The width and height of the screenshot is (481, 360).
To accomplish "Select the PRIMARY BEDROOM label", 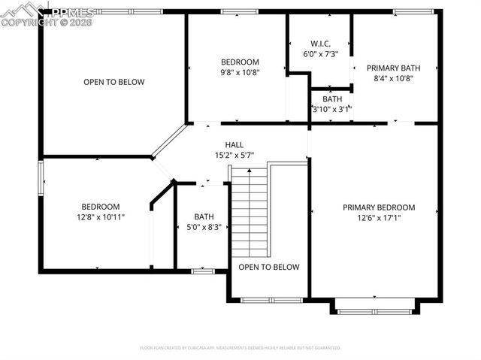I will [x=379, y=207].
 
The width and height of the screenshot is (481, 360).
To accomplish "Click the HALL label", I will [x=234, y=144].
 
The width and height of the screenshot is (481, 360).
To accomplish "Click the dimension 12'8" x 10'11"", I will [x=101, y=216].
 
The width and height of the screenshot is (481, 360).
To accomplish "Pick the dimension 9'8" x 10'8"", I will [x=240, y=73].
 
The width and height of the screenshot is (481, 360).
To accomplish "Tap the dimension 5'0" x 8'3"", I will [x=204, y=226].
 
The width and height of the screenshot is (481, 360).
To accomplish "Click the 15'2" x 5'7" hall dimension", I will [x=234, y=155].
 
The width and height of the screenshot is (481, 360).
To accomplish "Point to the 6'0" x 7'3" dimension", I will [x=320, y=54].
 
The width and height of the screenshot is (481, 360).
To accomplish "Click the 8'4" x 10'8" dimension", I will [x=394, y=77].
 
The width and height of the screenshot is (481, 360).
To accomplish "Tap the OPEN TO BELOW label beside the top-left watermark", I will [x=113, y=82].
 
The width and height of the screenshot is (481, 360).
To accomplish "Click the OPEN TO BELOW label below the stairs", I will [x=269, y=267].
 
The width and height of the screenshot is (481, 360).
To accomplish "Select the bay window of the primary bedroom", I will [x=374, y=308].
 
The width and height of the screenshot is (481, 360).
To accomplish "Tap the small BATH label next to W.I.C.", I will [x=332, y=98].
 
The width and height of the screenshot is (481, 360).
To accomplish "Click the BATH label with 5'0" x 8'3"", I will [x=204, y=216].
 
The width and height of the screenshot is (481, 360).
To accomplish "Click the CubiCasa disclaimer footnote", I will [x=240, y=348].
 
